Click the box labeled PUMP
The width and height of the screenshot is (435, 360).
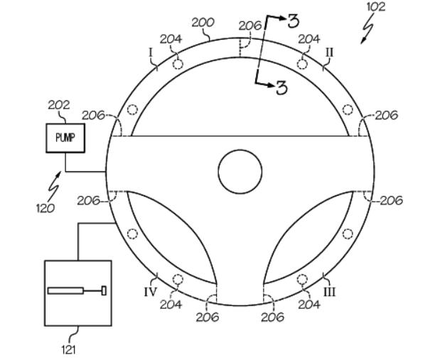pos(65,138)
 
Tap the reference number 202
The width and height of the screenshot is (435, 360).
pos(59,105)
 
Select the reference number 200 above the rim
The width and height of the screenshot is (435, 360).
pos(203,23)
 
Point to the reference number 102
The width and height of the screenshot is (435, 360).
pos(376,6)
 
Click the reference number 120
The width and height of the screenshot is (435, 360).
pos(45,208)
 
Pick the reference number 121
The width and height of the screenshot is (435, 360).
pos(69,350)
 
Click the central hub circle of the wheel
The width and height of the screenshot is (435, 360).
pos(240,172)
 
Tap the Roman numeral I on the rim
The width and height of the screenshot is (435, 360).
pos(151,53)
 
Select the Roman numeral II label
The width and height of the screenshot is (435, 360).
pos(329,52)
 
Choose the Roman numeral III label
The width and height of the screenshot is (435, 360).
pos(330,292)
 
